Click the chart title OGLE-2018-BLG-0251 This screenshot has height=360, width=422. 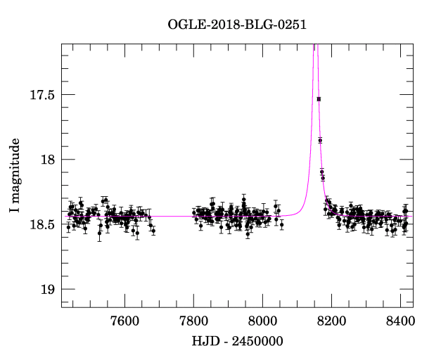(x=237, y=25)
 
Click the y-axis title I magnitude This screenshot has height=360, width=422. (x=15, y=175)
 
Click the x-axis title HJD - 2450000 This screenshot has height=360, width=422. (x=237, y=342)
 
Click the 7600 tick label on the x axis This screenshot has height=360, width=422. (x=124, y=321)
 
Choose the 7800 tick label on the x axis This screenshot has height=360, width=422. (x=193, y=321)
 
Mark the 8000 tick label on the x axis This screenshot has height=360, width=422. (x=262, y=321)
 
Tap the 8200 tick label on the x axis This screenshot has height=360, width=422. (x=331, y=321)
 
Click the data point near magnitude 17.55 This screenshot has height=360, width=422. (x=319, y=99)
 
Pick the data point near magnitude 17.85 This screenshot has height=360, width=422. (x=320, y=141)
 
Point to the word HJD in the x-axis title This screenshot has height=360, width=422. (x=204, y=342)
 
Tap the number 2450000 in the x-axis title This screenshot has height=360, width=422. (x=256, y=342)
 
